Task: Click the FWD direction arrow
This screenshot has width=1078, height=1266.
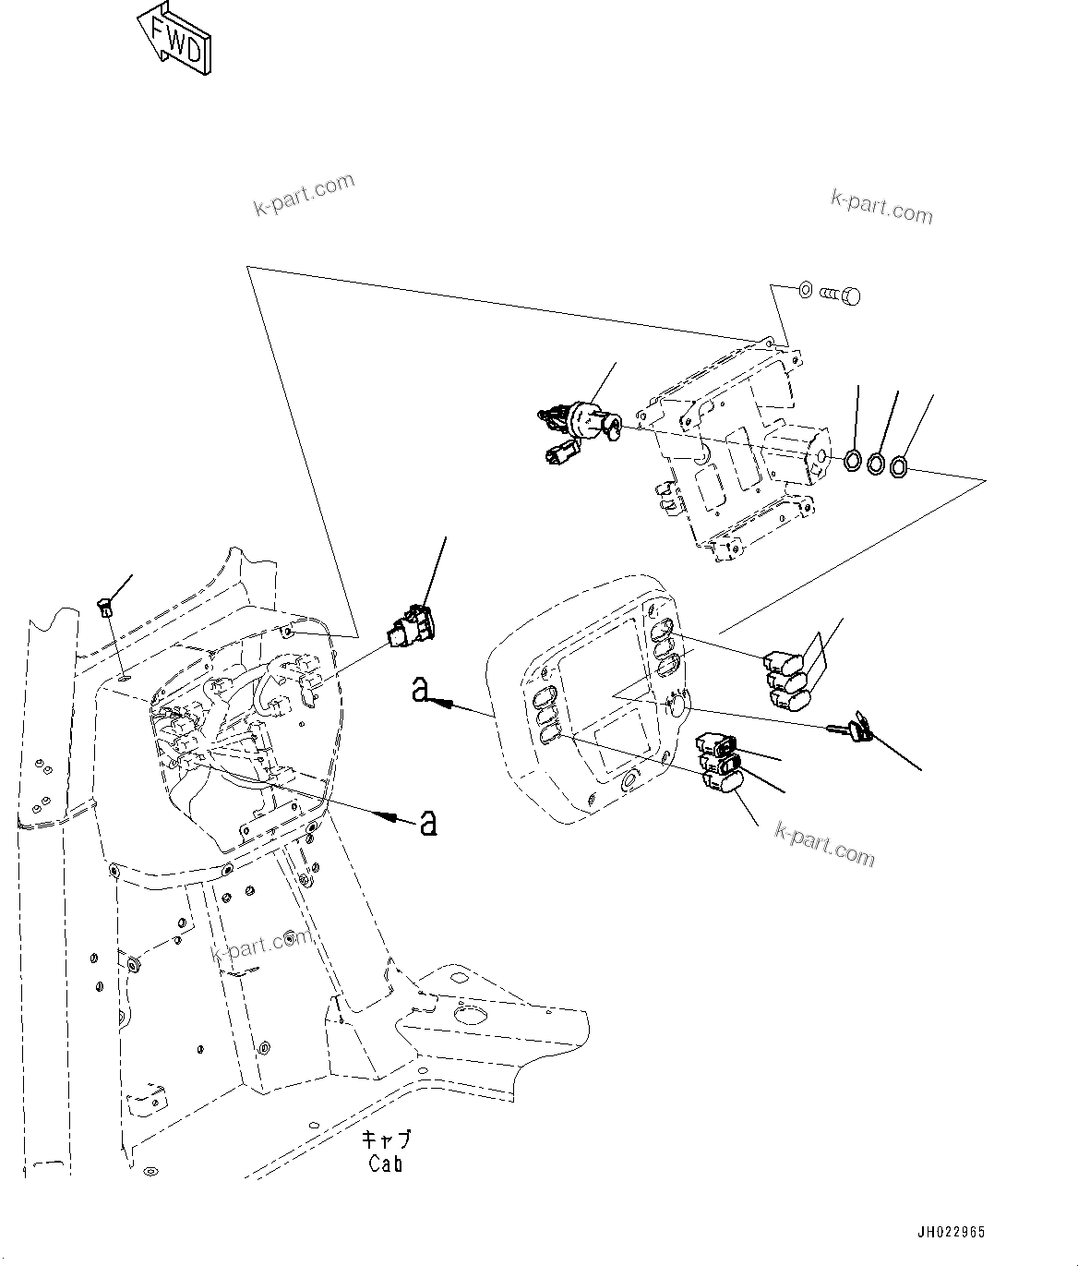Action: pyautogui.click(x=175, y=39)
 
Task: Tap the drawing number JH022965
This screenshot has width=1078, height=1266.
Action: pyautogui.click(x=950, y=1233)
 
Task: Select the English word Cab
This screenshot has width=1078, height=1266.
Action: pyautogui.click(x=386, y=1164)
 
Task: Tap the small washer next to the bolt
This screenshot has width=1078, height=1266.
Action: pyautogui.click(x=805, y=291)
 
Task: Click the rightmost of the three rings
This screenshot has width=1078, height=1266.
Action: pyautogui.click(x=901, y=468)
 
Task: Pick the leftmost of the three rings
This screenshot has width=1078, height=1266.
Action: pyautogui.click(x=854, y=459)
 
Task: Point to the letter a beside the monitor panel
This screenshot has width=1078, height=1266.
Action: pyautogui.click(x=422, y=689)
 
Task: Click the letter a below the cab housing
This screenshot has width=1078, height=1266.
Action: pyautogui.click(x=428, y=821)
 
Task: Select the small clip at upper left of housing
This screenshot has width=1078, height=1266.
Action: pyautogui.click(x=104, y=607)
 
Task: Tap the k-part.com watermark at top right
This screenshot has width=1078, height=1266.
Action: pyautogui.click(x=881, y=208)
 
